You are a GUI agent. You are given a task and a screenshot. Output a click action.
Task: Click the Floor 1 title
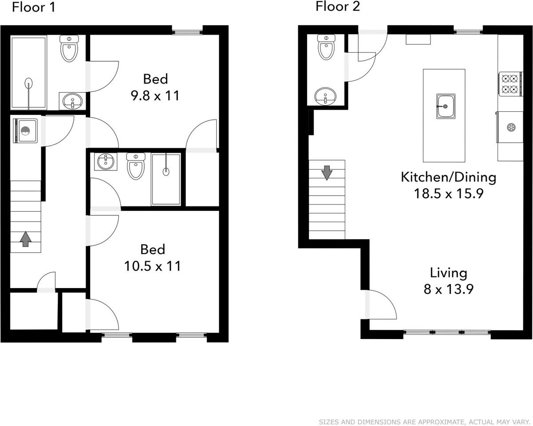click(x=33, y=7)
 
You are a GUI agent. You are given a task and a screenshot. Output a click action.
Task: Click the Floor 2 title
click(x=338, y=6)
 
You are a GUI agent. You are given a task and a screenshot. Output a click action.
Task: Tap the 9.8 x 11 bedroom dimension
click(x=155, y=95)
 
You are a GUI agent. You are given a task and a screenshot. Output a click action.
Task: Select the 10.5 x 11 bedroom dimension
click(x=153, y=266)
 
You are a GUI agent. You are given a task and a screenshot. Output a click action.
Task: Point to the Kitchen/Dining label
click(x=449, y=177)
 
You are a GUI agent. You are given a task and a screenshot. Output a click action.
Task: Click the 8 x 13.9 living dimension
click(x=449, y=289)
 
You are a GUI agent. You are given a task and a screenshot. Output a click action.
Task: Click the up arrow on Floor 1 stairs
click(x=25, y=239)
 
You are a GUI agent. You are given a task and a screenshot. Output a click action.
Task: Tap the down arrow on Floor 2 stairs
click(x=327, y=173)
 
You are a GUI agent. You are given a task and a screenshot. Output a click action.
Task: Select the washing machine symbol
click(x=25, y=131)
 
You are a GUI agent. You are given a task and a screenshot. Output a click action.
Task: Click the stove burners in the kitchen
click(x=511, y=84)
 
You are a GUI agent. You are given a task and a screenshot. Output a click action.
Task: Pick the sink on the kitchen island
click(x=446, y=106)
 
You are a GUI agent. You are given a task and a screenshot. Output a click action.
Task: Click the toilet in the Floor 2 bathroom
click(x=326, y=47)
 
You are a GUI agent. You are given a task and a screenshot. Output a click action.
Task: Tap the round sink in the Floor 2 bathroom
click(x=325, y=96)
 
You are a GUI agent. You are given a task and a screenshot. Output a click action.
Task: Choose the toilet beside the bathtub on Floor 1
click(x=69, y=48)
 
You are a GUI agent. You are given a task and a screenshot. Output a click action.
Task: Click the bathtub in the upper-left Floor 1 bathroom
click(x=28, y=73)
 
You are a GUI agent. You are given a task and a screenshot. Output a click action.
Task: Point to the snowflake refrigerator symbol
click(x=511, y=127)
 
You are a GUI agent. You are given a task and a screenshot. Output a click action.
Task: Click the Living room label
click(x=449, y=273)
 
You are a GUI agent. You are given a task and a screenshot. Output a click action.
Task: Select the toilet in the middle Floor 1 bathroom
click(x=136, y=166)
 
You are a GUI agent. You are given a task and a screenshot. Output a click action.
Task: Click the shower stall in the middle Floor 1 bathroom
click(x=166, y=179)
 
